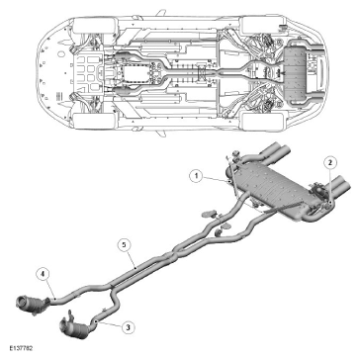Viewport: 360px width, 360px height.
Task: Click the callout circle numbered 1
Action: coord(197,176)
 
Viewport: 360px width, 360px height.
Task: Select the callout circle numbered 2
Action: coord(330,161)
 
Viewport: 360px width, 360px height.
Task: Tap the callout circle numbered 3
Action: coord(129,327)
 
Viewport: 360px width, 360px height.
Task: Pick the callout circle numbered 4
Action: coord(44,274)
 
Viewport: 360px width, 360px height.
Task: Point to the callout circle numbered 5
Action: coord(124,245)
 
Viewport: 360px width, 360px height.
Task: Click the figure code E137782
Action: coord(21,348)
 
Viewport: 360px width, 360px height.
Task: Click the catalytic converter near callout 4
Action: coord(33,304)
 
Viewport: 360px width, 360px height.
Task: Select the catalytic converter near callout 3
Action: coord(75,326)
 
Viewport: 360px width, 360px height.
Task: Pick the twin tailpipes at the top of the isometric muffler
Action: coord(274,152)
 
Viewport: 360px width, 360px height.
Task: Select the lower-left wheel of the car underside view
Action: coord(95,121)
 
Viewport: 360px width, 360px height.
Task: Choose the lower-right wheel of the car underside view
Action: coord(263,121)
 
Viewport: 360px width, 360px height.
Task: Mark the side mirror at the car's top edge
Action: coord(160,13)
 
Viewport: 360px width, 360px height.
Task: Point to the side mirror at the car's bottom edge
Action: coord(160,133)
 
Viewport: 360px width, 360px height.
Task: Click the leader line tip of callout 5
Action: coord(135,268)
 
